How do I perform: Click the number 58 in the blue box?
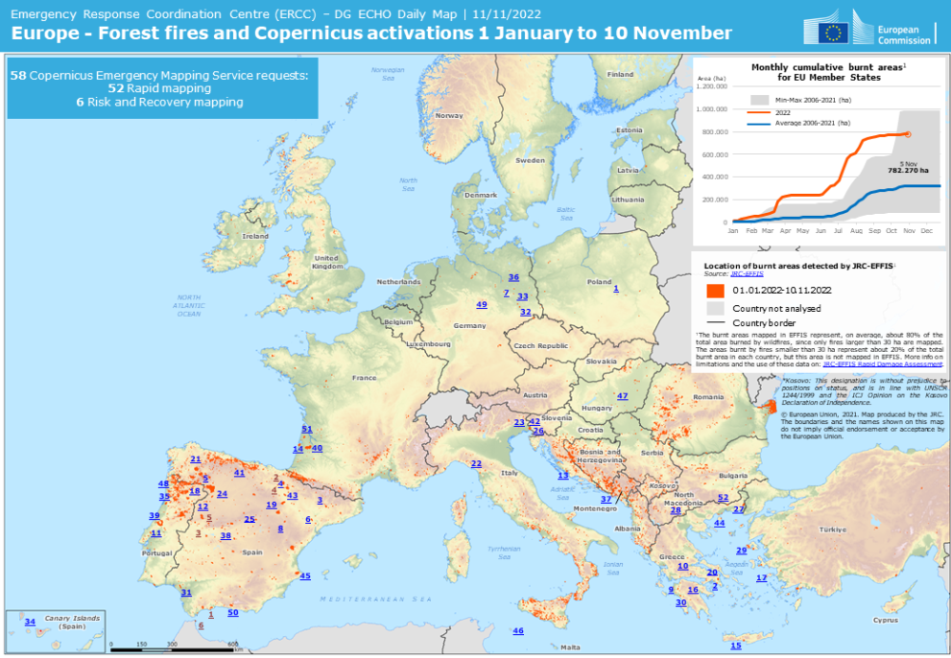point(17,75)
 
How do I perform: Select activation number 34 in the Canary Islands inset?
point(30,623)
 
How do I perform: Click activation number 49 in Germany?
point(482,304)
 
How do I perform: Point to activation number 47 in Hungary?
point(623,396)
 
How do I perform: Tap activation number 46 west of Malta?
point(518,631)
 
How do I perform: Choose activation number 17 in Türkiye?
point(762,578)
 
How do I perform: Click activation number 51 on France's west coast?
point(307,429)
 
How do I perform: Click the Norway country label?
point(449,115)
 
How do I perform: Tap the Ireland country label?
point(255,236)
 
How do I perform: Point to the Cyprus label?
point(885,620)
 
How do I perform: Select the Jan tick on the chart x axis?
point(733,231)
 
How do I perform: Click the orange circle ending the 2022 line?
point(908,134)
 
